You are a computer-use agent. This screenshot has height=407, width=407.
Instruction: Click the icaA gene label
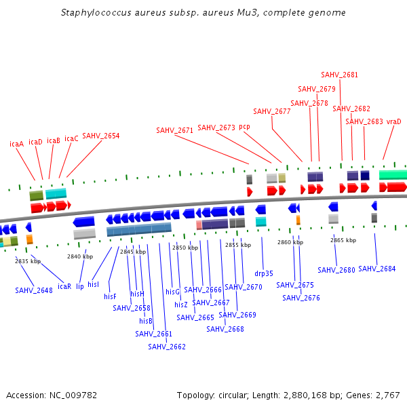16,144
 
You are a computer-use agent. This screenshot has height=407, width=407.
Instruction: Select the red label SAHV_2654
101,136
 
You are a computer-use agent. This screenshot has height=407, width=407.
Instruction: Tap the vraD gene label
394,121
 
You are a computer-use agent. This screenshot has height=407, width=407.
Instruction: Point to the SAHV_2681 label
339,75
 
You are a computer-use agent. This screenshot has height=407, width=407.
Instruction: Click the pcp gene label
244,127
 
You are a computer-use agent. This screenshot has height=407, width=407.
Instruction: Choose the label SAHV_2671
175,130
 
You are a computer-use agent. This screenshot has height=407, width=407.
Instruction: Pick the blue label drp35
264,273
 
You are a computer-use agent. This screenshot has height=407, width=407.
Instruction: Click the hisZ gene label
181,305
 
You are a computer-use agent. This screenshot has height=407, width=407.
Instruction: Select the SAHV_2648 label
34,290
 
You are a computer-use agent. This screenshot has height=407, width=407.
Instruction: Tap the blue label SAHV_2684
376,269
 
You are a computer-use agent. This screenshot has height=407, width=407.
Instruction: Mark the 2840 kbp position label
80,256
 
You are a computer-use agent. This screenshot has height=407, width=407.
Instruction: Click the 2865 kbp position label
343,240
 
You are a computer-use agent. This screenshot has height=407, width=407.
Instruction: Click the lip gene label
80,286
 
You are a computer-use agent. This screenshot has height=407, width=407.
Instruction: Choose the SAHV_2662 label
167,347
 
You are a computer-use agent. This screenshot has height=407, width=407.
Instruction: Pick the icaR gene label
64,286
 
